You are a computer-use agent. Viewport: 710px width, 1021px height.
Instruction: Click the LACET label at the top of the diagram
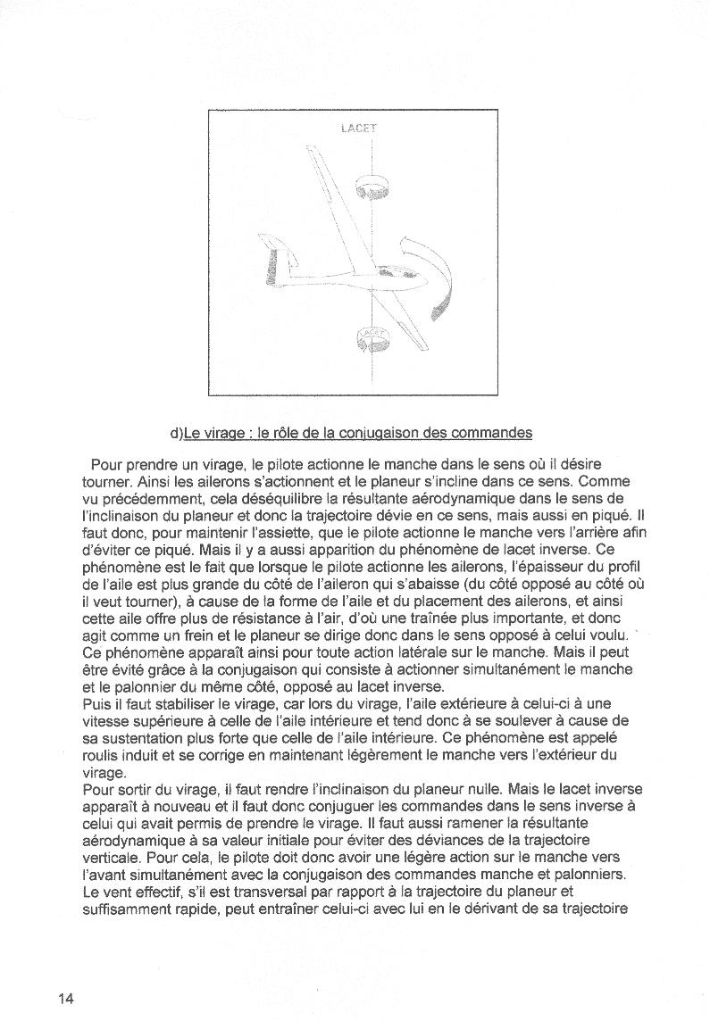pyautogui.click(x=359, y=129)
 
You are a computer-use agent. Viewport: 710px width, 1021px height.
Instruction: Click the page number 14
pyautogui.click(x=65, y=998)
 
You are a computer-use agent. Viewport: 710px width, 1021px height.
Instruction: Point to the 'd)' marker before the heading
pyautogui.click(x=176, y=434)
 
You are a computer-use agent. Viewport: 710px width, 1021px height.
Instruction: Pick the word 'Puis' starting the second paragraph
pyautogui.click(x=96, y=703)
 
